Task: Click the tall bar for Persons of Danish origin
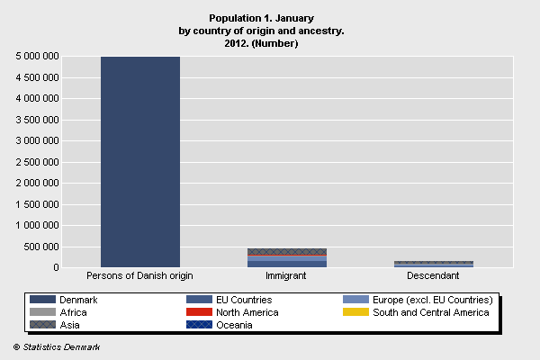(x=140, y=162)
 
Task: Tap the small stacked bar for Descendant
(x=434, y=264)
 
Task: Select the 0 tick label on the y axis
(x=56, y=267)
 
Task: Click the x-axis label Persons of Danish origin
(x=139, y=275)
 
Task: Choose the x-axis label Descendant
(x=433, y=275)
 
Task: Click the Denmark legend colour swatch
(x=41, y=300)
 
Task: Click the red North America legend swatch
(x=198, y=312)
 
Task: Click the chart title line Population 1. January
(x=261, y=18)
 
